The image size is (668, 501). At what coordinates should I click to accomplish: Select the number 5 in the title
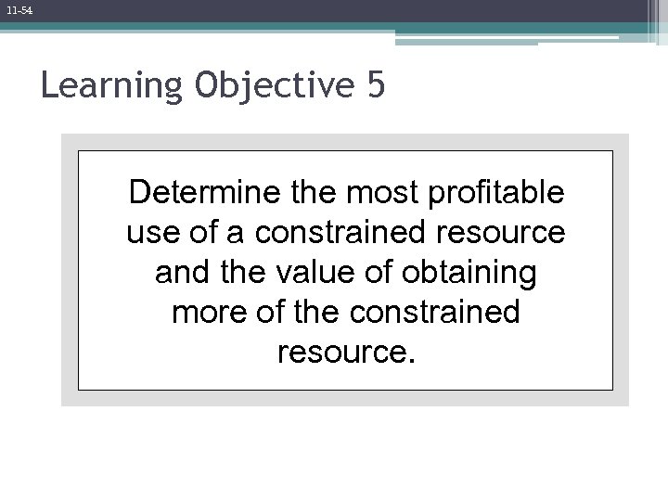tap(375, 86)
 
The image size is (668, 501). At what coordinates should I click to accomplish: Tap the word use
tap(147, 233)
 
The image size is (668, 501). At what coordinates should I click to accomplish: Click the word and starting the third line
tap(181, 273)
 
